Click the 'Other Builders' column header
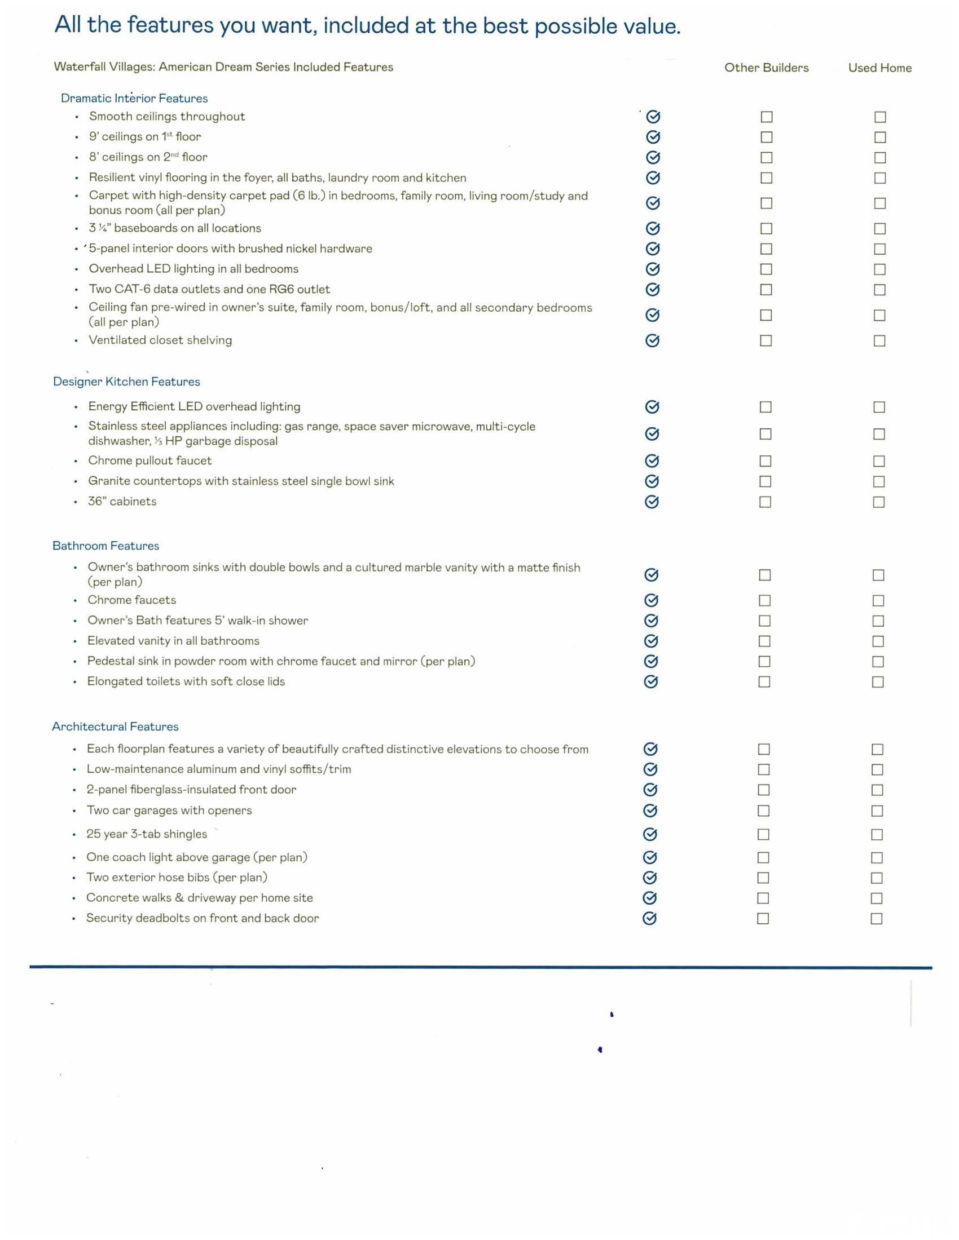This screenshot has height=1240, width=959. coord(766,68)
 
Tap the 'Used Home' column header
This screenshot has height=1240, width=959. coord(879,68)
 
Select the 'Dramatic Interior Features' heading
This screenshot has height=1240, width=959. coord(134,98)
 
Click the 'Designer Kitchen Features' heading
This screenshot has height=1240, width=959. coord(126,382)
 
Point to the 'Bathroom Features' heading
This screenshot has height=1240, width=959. coord(105,546)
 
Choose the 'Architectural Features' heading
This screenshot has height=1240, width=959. coord(115,727)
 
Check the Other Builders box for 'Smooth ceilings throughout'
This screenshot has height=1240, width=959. coord(767,117)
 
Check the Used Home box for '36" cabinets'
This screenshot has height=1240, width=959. coord(878,502)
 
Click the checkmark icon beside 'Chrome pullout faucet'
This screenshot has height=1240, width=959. coord(652,460)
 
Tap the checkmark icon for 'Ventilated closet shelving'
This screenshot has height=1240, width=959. coord(653,340)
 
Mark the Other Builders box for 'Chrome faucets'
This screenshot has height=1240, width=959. coord(765,600)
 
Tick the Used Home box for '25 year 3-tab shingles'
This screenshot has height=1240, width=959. coord(877,835)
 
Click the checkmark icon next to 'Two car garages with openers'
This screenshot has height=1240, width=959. coord(650,810)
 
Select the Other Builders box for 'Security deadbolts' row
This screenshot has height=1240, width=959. coord(763,919)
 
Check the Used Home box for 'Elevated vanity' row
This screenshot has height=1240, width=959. coord(878,641)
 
